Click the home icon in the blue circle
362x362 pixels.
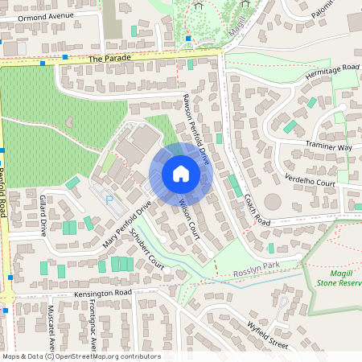click(x=181, y=174)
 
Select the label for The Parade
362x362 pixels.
click(x=109, y=59)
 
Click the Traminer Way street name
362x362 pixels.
click(x=328, y=147)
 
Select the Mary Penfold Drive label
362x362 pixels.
click(x=127, y=224)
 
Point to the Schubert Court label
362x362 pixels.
click(x=146, y=255)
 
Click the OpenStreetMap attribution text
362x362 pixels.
click(x=80, y=356)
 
